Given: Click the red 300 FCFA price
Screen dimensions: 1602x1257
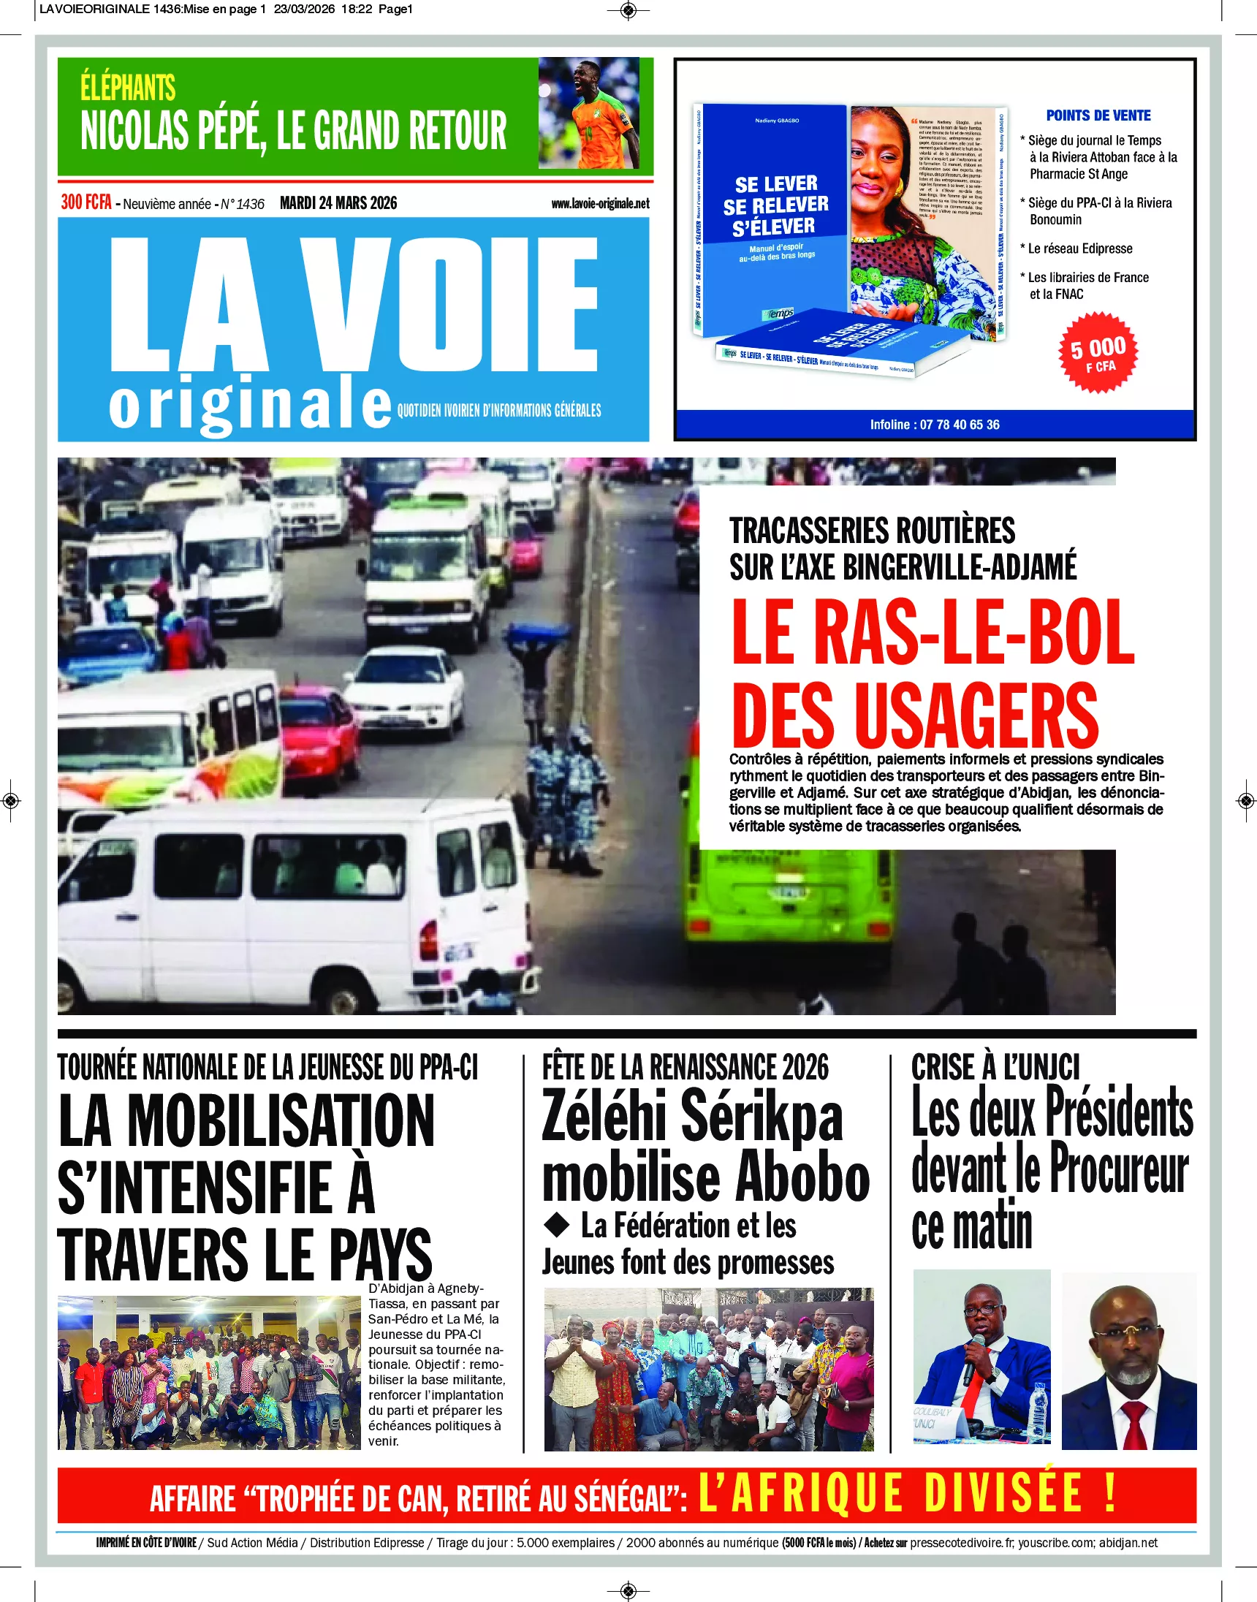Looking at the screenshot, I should pos(86,202).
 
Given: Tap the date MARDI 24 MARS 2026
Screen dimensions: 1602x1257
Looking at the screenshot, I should pos(338,203).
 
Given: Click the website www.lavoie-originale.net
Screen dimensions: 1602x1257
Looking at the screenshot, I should pos(600,204).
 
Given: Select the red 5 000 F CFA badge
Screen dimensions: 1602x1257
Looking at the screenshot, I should pos(1097,353).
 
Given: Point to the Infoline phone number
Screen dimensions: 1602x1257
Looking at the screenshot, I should pos(959,425).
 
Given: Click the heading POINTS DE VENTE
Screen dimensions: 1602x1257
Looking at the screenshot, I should pos(1098,115).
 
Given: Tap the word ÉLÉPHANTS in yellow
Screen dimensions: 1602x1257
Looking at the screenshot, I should pos(128,88).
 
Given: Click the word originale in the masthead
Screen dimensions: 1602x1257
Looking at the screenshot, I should pos(250,406).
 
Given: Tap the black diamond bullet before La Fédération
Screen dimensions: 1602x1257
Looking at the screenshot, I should pos(557,1224).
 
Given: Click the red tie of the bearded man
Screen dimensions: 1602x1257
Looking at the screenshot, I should pos(1134,1423).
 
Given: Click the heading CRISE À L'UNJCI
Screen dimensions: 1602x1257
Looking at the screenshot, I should pos(995,1067).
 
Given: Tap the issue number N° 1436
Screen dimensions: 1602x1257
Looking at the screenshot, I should pos(242,205).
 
